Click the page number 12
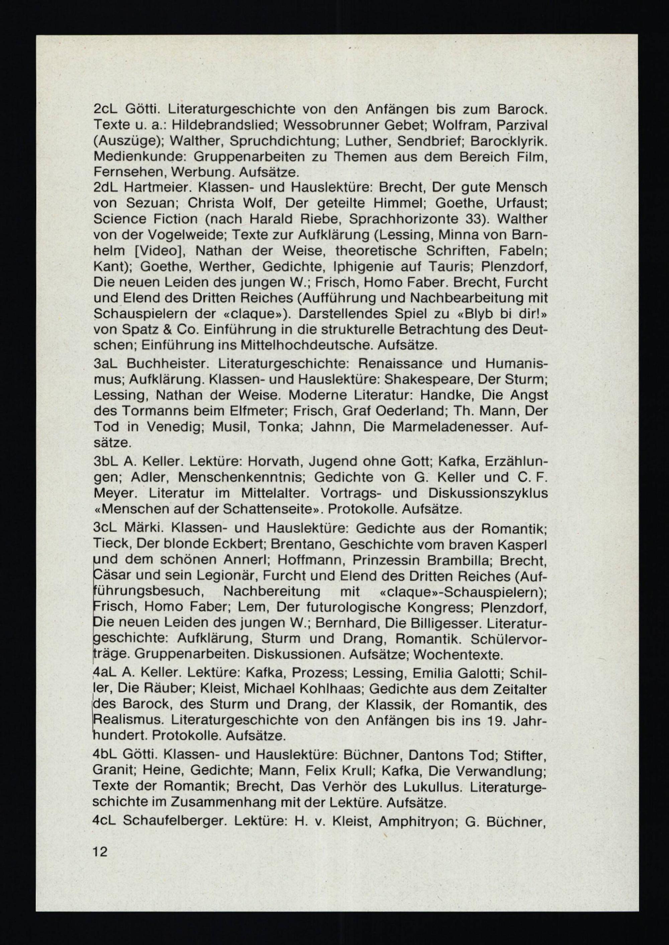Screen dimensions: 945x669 [x=100, y=849]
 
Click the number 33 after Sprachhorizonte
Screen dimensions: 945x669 [x=474, y=219]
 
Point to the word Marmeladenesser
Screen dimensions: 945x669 [x=452, y=427]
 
